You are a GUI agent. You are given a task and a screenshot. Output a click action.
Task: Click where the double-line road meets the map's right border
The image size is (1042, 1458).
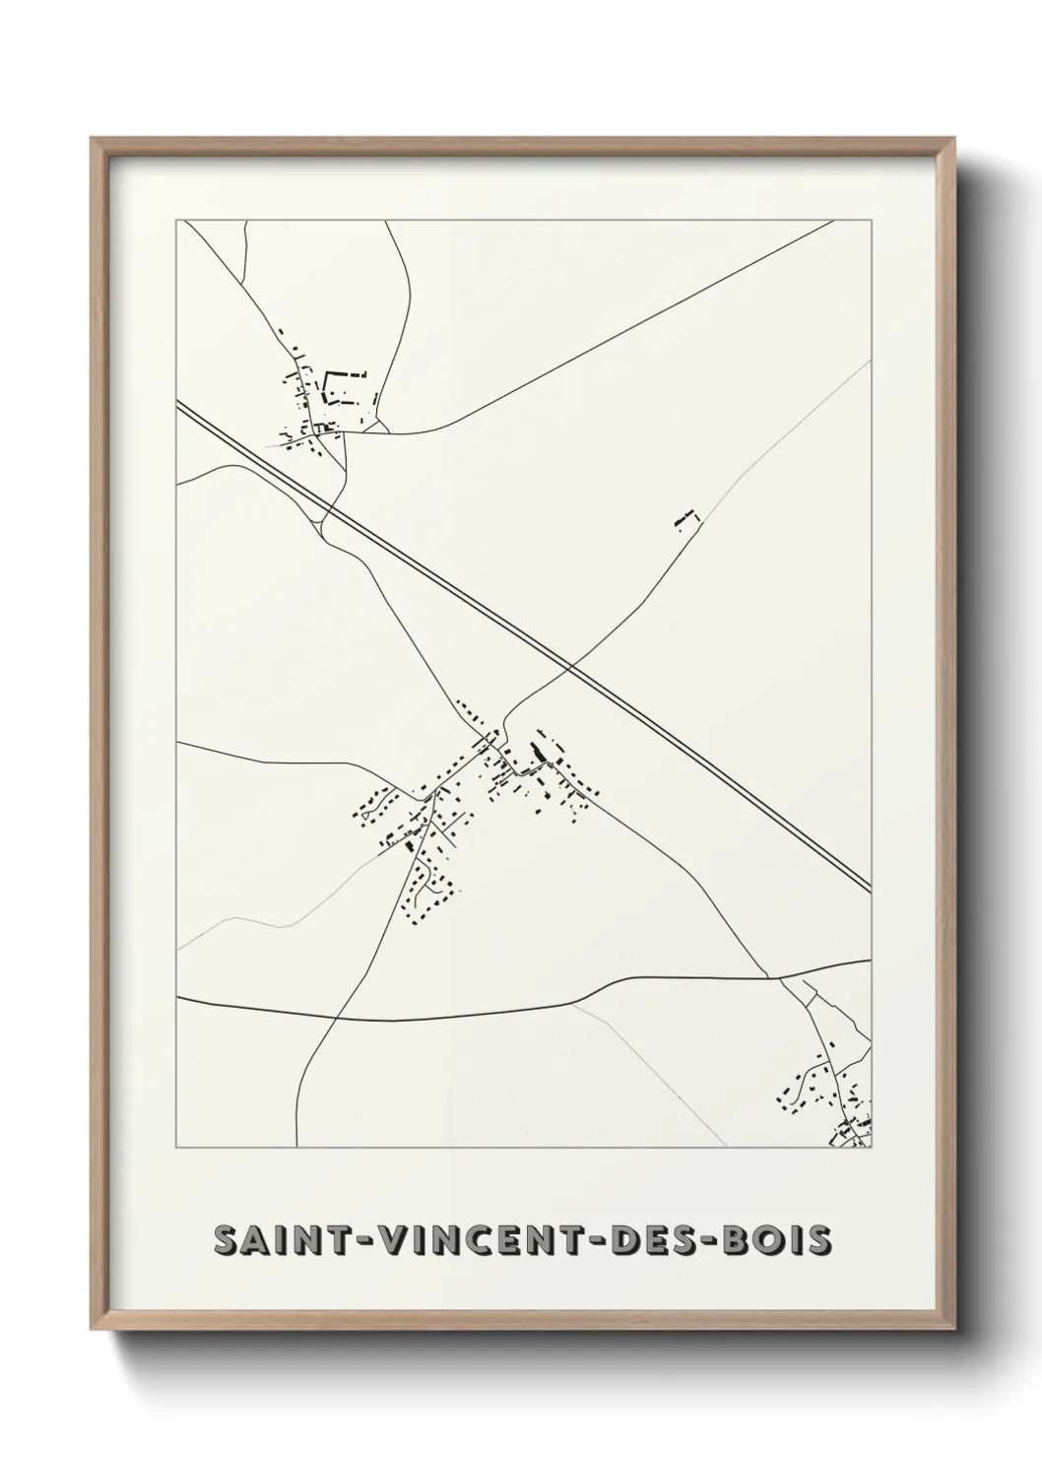click(871, 890)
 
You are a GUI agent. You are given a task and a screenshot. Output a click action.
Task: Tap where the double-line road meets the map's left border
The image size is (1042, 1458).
click(177, 403)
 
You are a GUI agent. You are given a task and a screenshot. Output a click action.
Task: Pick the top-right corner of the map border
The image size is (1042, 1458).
click(872, 220)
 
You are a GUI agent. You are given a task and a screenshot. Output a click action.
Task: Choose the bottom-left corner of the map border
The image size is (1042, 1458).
click(176, 1149)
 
